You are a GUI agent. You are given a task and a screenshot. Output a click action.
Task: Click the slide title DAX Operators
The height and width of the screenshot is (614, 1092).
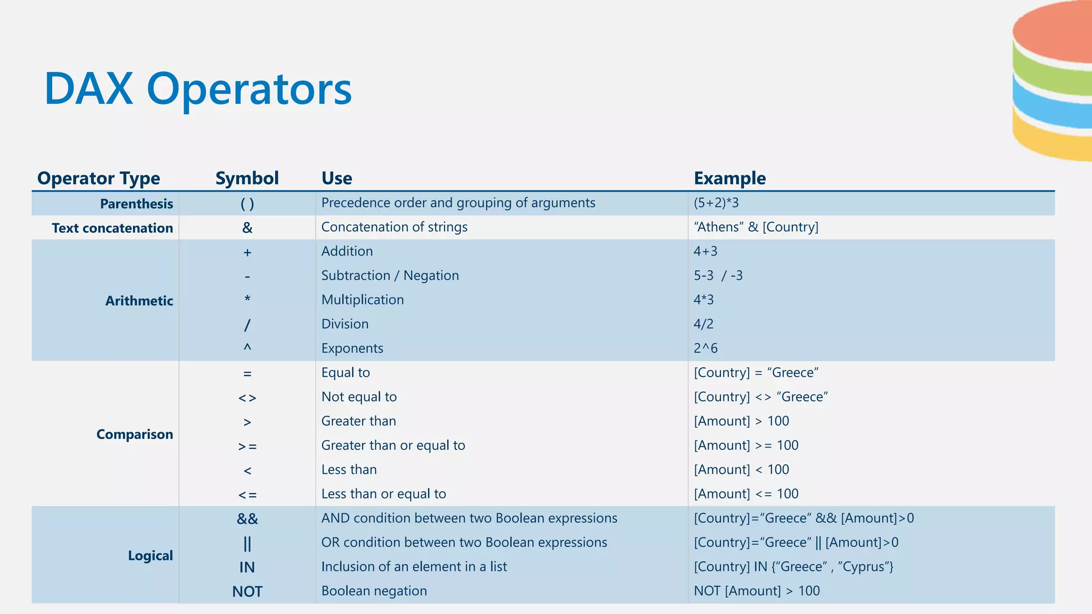[198, 89]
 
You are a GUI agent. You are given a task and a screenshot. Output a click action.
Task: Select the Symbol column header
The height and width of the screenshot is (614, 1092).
[247, 178]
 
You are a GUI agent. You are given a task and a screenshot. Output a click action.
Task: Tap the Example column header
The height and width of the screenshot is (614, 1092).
[729, 178]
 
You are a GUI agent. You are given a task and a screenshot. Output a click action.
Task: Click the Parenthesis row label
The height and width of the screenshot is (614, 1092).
[136, 204]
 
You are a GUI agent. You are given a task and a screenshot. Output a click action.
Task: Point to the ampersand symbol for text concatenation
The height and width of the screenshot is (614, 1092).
[247, 228]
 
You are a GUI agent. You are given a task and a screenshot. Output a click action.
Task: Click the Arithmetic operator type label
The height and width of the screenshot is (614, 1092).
[139, 301]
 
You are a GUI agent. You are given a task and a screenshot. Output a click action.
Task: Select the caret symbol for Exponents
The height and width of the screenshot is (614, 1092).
[247, 348]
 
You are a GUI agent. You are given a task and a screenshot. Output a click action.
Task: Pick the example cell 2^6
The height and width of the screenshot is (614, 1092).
[705, 349]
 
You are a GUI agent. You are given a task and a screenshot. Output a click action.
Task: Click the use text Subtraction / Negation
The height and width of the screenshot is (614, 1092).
[390, 276]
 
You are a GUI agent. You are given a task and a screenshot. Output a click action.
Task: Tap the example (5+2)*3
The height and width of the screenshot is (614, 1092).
[716, 203]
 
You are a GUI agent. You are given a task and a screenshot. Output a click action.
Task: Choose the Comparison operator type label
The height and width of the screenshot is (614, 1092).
[134, 434]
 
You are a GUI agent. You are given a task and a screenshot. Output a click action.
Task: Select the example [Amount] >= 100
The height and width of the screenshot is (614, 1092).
[746, 446]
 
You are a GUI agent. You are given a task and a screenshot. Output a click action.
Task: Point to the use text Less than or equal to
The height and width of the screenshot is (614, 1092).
[383, 494]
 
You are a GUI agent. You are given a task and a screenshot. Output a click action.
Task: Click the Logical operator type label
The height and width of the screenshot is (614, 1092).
[150, 555]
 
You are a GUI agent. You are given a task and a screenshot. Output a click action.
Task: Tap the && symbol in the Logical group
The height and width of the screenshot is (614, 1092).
[247, 519]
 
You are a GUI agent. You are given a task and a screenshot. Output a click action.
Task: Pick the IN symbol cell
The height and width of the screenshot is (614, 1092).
[247, 567]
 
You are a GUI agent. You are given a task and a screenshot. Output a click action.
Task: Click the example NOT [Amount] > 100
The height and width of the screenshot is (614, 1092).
[757, 591]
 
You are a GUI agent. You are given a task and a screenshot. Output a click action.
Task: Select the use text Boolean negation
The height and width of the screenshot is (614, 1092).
[374, 591]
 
